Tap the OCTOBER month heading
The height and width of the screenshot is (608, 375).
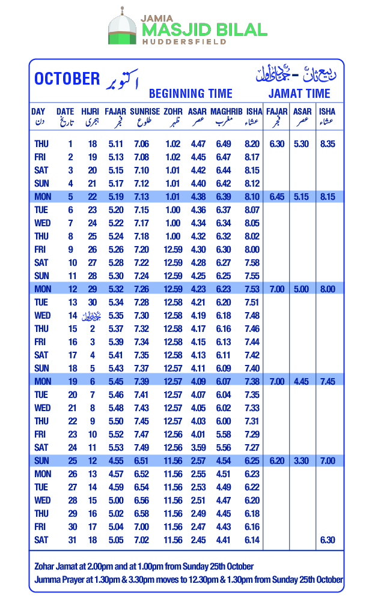67,79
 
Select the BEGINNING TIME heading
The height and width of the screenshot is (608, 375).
191,94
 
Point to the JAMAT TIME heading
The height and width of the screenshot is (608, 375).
299,94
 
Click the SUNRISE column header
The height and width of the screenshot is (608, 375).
145,112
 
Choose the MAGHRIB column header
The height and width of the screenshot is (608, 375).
227,112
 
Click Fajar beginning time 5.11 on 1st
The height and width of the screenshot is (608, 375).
115,144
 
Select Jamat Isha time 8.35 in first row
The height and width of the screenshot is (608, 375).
328,144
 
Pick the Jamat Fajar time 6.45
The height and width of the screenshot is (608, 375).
277,196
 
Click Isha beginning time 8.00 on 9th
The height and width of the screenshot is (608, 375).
252,249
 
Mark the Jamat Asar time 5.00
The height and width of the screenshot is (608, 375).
302,289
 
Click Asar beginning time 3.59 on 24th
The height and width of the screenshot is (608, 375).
197,447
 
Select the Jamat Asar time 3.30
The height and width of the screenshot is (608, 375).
302,460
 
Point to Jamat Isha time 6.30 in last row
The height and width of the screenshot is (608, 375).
328,540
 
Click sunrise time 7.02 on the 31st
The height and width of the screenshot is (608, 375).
142,540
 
